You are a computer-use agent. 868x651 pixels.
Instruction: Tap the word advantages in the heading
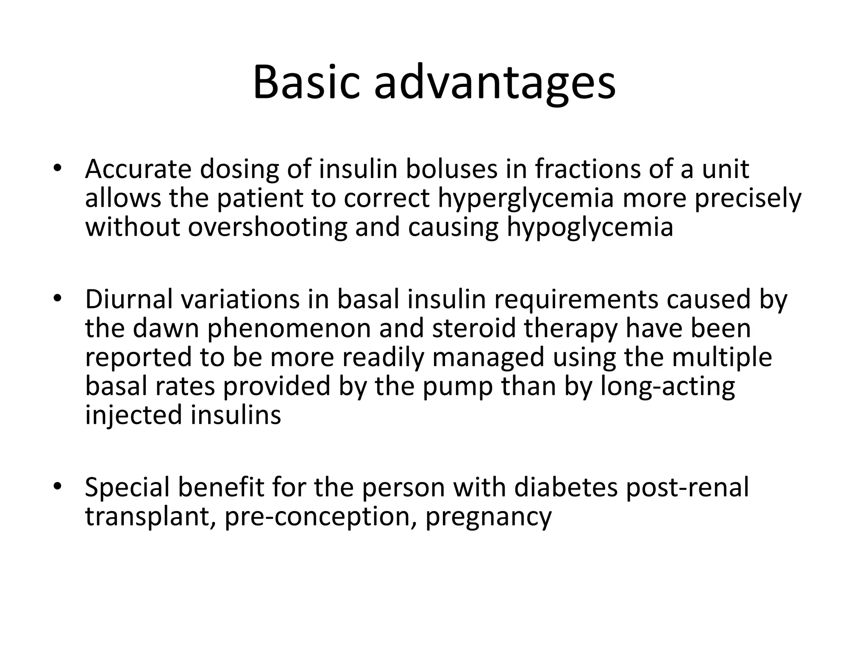[x=494, y=82]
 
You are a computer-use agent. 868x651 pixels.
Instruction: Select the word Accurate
[x=138, y=169]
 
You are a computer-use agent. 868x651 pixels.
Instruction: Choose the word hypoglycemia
[x=590, y=228]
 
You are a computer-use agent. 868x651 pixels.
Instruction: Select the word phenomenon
[x=289, y=328]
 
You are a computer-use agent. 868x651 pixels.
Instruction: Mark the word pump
[x=458, y=387]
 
